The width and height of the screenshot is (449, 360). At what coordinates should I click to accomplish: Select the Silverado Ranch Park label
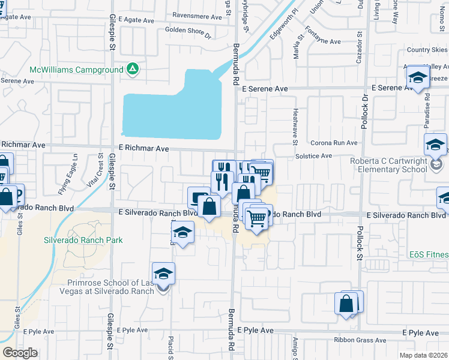pyautogui.click(x=83, y=240)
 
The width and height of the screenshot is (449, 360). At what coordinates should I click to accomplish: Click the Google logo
pyautogui.click(x=20, y=353)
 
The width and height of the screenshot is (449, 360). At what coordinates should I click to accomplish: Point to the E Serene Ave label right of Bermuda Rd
pyautogui.click(x=265, y=88)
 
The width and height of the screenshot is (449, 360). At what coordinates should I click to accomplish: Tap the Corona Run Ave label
pyautogui.click(x=334, y=143)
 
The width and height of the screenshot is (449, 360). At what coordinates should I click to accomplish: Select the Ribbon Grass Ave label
pyautogui.click(x=356, y=340)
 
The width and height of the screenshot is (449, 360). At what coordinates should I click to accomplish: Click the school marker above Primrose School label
pyautogui.click(x=164, y=274)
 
